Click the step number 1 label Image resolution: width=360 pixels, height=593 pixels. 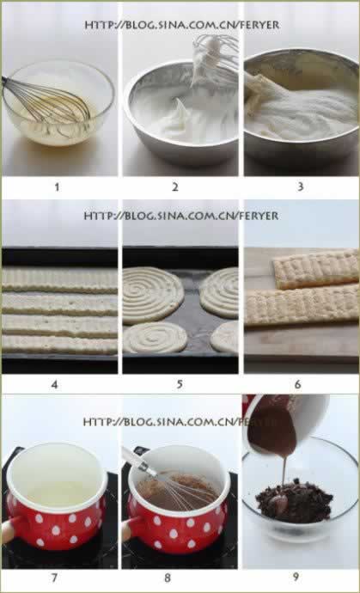tap(57, 186)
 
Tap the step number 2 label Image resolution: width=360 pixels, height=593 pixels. tap(175, 186)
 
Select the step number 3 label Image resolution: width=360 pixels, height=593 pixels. tap(301, 186)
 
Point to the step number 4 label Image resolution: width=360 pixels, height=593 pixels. tap(54, 385)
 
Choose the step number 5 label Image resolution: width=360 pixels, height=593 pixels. tap(180, 385)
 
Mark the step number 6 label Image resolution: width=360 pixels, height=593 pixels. tap(297, 385)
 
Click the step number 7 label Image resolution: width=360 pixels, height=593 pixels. tap(54, 578)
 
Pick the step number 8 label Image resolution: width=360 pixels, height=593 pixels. tap(168, 578)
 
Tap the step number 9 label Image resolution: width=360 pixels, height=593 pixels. tap(296, 578)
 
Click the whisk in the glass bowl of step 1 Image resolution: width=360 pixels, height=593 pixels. tap(49, 101)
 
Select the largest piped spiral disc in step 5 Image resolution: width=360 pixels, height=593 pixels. tap(152, 295)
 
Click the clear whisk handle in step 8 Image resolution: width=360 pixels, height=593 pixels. tap(139, 460)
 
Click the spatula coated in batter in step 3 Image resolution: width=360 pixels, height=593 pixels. tap(261, 93)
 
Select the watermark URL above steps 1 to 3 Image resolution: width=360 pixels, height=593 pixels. tap(182, 25)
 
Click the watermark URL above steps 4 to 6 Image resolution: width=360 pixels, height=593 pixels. tap(181, 216)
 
